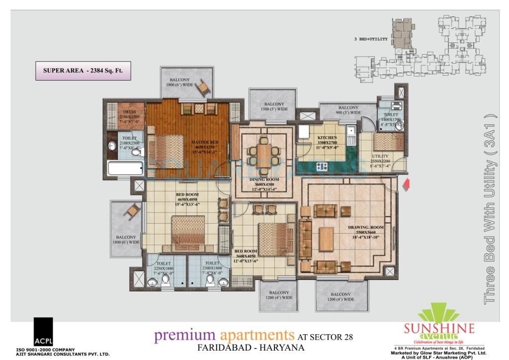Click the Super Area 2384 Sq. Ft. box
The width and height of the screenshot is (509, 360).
pos(83,71)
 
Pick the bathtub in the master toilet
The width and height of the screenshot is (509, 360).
pos(125,168)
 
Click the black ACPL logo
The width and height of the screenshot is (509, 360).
pos(43,332)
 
